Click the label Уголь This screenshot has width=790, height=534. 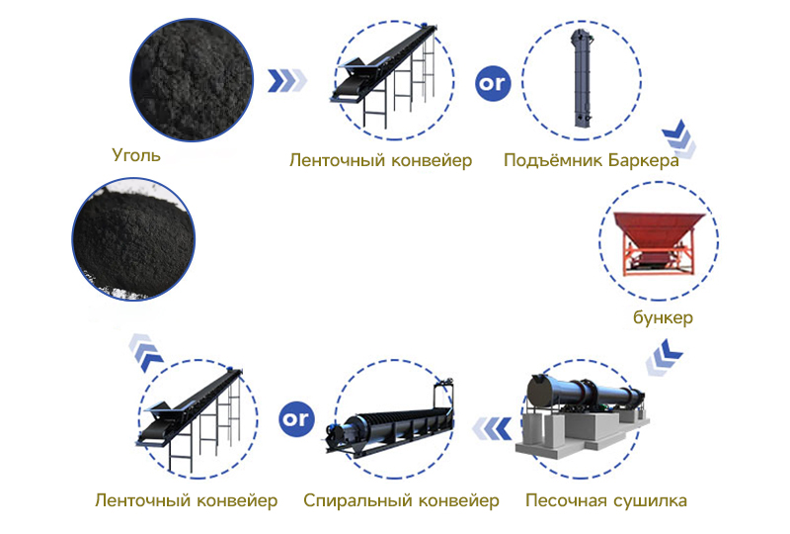pyautogui.click(x=136, y=154)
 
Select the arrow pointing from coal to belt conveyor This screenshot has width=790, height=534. pyautogui.click(x=290, y=80)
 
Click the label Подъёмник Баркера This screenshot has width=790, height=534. pyautogui.click(x=591, y=159)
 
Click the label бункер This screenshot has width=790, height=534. pyautogui.click(x=663, y=317)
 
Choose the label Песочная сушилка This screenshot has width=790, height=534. pyautogui.click(x=605, y=499)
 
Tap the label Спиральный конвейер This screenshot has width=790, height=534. pyautogui.click(x=401, y=499)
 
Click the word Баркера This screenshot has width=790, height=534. pyautogui.click(x=643, y=159)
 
